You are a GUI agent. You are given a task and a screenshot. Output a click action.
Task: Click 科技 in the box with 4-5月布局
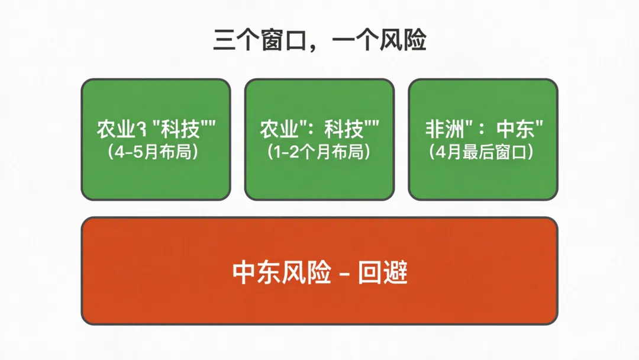[x=177, y=130]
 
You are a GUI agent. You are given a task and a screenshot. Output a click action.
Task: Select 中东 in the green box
[x=517, y=130]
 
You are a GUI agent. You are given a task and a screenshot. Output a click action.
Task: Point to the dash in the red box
[x=344, y=274]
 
